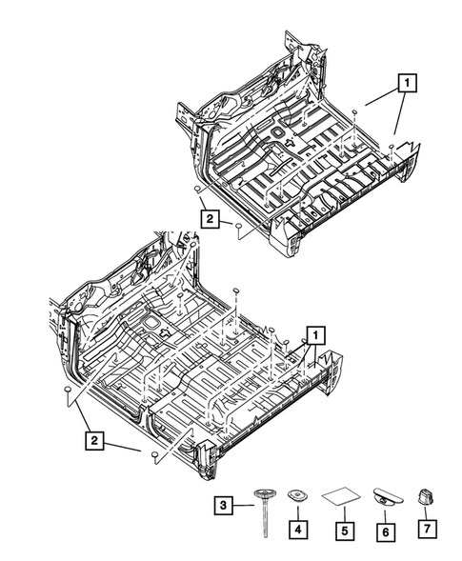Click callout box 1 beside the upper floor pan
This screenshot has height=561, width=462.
[407, 82]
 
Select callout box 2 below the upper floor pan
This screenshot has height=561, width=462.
[208, 219]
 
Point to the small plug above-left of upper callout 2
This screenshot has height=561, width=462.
[194, 190]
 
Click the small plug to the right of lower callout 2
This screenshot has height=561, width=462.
[152, 458]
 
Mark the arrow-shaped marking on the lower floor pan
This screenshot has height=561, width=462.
[163, 333]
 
